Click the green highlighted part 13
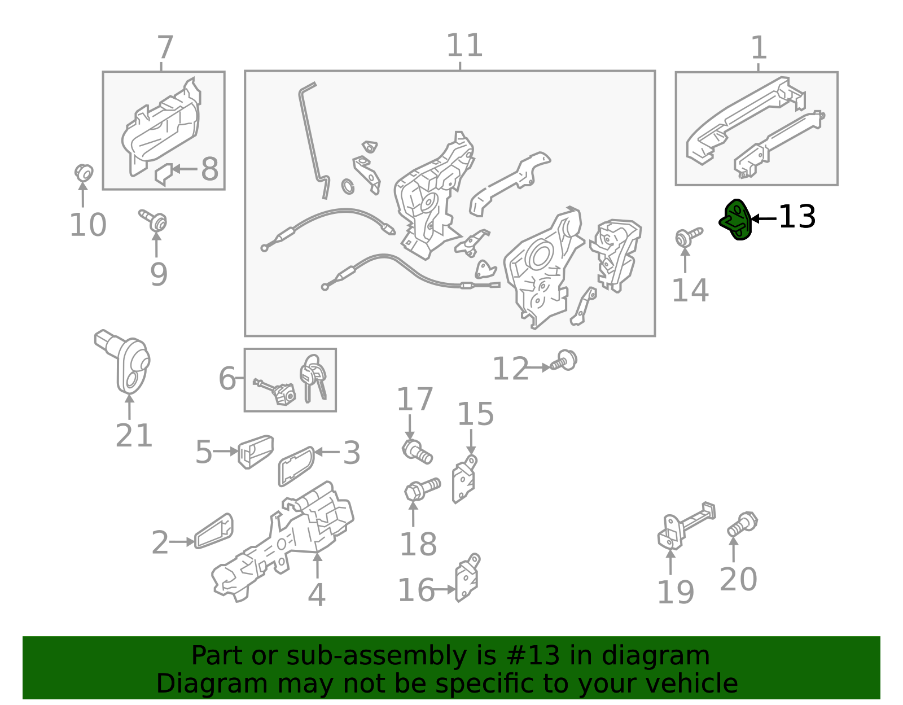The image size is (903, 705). (735, 220)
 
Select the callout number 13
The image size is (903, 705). (797, 217)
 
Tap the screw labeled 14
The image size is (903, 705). (689, 237)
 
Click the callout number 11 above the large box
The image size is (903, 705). (464, 45)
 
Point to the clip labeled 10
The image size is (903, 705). (84, 173)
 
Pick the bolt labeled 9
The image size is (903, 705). (154, 220)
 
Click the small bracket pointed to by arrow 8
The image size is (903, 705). (163, 174)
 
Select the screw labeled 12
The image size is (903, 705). (564, 361)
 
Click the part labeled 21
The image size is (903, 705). (122, 362)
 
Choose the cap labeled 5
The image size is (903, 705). (256, 452)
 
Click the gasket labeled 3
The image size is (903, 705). (296, 466)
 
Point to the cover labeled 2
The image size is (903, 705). (214, 531)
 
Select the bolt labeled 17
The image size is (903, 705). (417, 452)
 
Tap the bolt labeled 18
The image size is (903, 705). (422, 490)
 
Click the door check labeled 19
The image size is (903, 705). (686, 526)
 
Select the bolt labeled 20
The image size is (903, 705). (743, 524)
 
